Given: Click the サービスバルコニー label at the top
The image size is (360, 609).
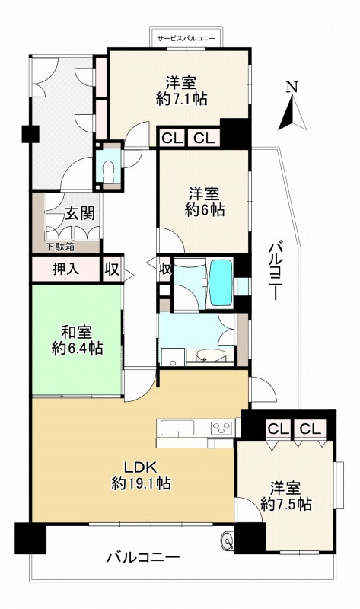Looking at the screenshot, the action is (x=186, y=38).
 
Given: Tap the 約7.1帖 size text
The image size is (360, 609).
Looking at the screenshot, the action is (x=181, y=100).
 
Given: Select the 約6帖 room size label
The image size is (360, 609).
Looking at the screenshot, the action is (x=204, y=210).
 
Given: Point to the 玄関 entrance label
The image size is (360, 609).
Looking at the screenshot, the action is (x=80, y=213).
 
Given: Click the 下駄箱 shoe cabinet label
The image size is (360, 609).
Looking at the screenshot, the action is (x=61, y=246).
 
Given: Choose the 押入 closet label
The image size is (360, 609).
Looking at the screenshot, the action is (x=65, y=269).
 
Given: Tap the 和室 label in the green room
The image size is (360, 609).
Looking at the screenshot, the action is (x=77, y=333).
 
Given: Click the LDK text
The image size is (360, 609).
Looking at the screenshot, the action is (x=140, y=467).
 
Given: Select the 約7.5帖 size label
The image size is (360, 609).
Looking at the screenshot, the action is (x=286, y=504).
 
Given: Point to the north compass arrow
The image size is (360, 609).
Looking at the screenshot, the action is (x=292, y=113).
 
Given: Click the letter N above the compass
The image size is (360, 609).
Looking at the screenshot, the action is (x=292, y=88).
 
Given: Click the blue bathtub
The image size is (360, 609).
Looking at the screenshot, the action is (x=221, y=282).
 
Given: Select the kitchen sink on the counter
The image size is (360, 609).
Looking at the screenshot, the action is (x=177, y=429).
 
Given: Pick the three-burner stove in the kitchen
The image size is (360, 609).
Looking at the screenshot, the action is (x=221, y=429).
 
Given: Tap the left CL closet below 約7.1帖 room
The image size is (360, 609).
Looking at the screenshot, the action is (x=172, y=139).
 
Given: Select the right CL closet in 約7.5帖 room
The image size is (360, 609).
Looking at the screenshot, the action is (x=311, y=429).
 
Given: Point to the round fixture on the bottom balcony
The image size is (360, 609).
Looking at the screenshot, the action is (x=227, y=540).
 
